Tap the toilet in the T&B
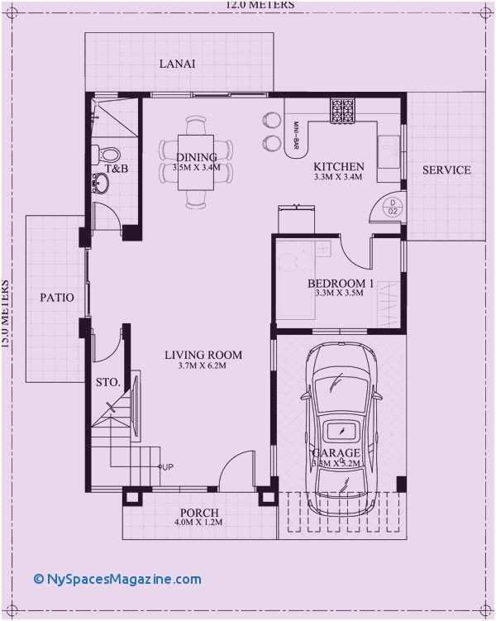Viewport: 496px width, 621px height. tap(109, 153)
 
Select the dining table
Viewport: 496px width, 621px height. tap(196, 163)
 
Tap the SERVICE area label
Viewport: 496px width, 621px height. tap(446, 170)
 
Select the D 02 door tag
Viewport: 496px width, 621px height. tap(393, 207)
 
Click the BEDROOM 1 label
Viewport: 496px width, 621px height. tap(341, 284)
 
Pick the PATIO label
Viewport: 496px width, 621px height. tap(57, 297)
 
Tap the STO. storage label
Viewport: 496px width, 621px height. tap(109, 383)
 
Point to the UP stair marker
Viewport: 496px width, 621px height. tap(167, 468)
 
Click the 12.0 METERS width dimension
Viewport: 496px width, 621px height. tap(253, 4)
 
